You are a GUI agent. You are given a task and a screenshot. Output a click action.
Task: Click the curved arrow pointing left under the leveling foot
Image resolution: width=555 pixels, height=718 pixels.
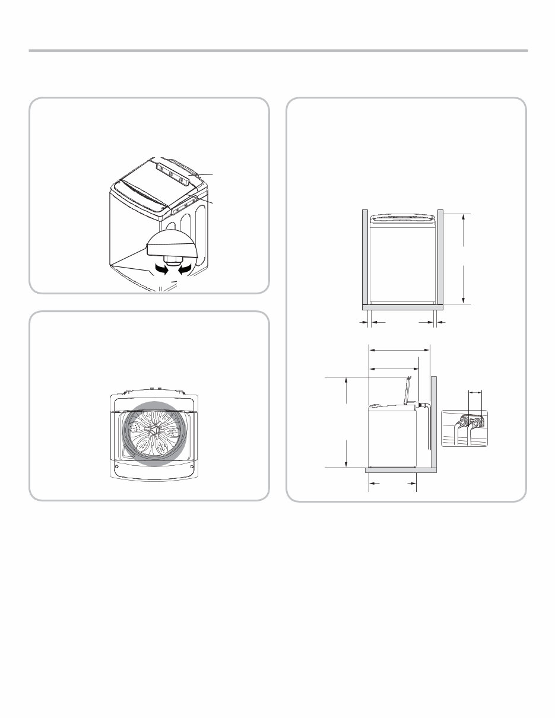tap(186, 270)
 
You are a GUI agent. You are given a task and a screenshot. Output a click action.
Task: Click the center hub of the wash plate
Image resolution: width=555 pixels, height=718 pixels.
tap(155, 428)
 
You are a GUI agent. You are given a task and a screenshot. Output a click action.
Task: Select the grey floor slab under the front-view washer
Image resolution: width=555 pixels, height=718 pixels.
tap(402, 307)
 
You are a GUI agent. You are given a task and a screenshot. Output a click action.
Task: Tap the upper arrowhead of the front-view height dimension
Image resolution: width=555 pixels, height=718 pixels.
tap(463, 217)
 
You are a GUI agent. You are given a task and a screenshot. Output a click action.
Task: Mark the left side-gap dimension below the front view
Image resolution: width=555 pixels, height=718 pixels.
tap(369, 323)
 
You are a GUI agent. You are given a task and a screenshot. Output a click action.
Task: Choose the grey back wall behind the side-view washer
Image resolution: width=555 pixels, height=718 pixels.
tap(434, 421)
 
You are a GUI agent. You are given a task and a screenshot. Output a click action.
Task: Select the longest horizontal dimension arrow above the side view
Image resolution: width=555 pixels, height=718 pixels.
tap(399, 351)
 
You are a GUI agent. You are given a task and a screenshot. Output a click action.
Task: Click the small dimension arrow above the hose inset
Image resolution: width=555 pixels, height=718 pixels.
tap(475, 392)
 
